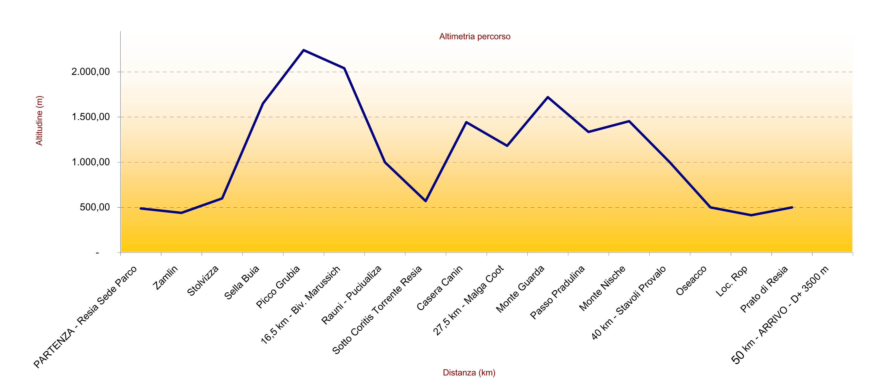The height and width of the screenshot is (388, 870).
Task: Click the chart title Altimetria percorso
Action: (x=475, y=36)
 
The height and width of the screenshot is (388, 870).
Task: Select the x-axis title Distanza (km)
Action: (x=469, y=373)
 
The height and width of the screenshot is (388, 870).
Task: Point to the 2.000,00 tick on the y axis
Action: (x=90, y=72)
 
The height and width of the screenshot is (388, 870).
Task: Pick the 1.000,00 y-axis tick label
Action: (x=90, y=162)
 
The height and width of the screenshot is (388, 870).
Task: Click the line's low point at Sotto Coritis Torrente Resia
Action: (x=425, y=201)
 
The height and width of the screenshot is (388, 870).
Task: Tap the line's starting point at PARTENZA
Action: (x=141, y=208)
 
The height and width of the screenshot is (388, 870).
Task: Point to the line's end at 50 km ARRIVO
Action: (x=792, y=207)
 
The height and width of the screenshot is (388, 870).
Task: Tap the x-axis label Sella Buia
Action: (x=242, y=282)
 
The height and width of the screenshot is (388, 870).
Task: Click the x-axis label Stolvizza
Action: (x=203, y=281)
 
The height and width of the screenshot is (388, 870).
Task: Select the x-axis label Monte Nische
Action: (x=602, y=288)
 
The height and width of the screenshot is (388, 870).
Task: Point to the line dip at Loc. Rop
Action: (x=751, y=215)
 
